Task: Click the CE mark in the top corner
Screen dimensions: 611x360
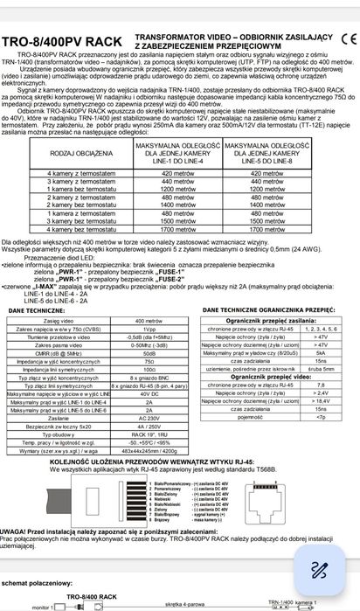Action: pos(347,38)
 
